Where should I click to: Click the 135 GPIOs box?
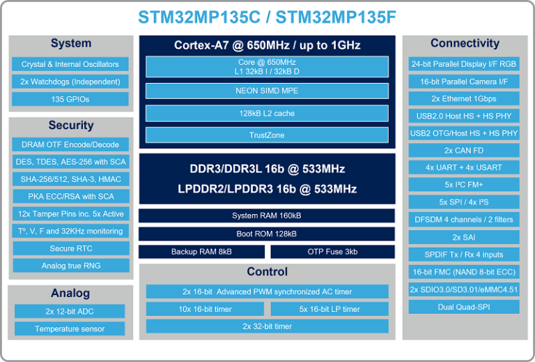pos(70,99)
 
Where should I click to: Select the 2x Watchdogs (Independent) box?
pos(70,82)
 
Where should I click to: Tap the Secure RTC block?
pos(70,248)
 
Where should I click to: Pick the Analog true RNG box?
pos(70,266)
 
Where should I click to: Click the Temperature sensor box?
pos(70,329)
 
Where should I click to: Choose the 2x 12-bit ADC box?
pos(70,311)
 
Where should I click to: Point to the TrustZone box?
pos(267,135)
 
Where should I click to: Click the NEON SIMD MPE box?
pos(267,91)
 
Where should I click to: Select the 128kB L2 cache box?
pos(267,113)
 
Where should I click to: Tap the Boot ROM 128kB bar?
pos(267,234)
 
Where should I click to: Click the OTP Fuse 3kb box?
pos(332,252)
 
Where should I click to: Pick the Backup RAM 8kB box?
pos(201,252)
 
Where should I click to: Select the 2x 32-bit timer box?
pos(267,326)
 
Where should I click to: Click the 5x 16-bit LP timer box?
pos(329,309)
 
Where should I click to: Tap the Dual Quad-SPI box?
pos(465,306)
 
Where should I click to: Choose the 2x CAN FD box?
pos(465,150)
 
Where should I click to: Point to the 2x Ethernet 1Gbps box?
pos(465,98)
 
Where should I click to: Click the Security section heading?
pos(71,126)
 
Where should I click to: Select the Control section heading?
pos(267,272)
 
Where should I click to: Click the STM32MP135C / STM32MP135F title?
pos(267,17)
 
